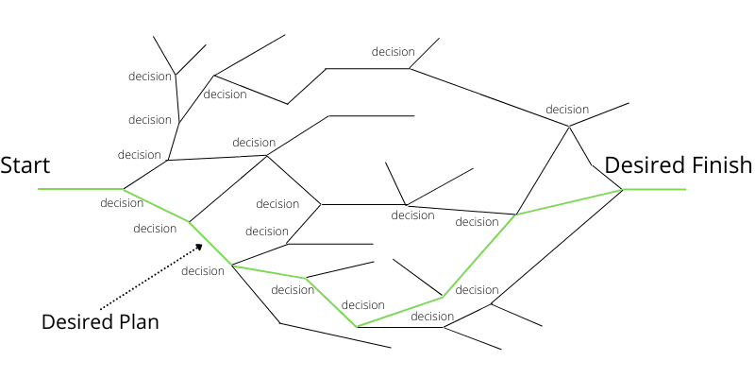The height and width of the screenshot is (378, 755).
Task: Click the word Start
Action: (25, 165)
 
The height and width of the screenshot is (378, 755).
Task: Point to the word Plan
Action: (133, 321)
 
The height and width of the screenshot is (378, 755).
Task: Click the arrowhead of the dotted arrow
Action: (200, 247)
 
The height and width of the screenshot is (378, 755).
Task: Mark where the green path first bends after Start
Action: (123, 189)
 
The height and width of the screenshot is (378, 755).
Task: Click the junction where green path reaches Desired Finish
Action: (623, 190)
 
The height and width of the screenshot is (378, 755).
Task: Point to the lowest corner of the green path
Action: (358, 327)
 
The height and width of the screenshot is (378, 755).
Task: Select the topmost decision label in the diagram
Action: (394, 52)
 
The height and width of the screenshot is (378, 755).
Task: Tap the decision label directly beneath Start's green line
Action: (122, 202)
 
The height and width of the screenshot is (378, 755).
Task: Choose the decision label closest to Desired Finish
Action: (567, 110)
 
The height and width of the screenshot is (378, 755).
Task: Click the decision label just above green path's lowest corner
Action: (363, 305)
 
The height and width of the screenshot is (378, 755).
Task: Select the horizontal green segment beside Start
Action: (80, 189)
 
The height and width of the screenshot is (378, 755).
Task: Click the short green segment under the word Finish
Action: (655, 190)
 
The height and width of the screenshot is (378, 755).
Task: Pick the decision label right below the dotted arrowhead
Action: (203, 271)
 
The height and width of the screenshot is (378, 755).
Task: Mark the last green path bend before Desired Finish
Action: (515, 215)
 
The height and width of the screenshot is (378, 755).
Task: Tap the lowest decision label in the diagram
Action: (432, 317)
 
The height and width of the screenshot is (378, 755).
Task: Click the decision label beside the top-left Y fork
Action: (150, 76)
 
